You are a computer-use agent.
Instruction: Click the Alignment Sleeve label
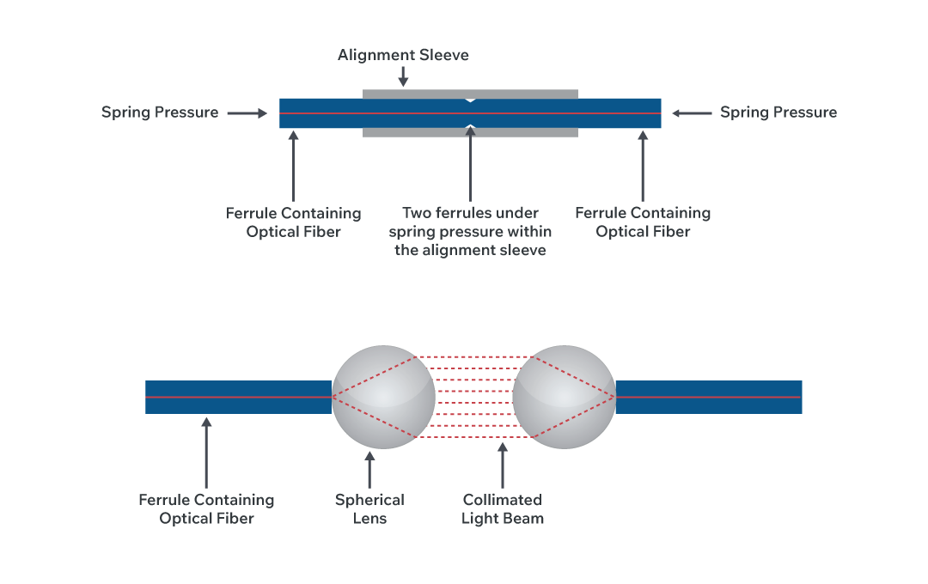(403, 55)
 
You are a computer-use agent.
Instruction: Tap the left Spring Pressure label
(160, 113)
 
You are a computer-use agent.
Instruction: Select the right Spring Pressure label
(778, 113)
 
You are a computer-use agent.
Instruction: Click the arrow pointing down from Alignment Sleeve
(403, 76)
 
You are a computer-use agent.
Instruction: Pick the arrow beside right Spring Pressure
(692, 113)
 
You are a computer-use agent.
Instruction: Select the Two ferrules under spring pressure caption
(470, 232)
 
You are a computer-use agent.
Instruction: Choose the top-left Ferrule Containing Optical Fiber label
(293, 222)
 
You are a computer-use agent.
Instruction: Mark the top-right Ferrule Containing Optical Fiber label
(643, 222)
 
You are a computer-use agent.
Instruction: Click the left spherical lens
(383, 397)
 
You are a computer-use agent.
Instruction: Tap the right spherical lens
(565, 397)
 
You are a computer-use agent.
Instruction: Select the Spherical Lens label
(369, 508)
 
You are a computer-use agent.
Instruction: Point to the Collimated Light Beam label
(503, 508)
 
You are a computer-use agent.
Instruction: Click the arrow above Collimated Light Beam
(503, 464)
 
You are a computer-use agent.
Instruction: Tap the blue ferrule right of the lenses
(709, 397)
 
